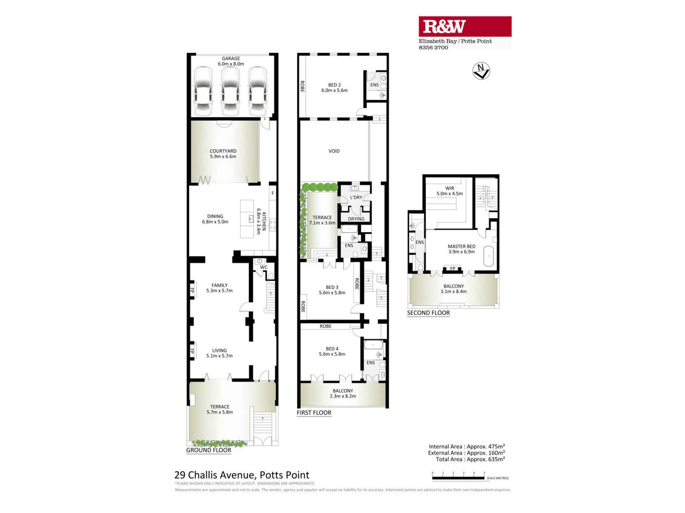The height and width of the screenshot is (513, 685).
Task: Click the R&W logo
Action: [x=444, y=26]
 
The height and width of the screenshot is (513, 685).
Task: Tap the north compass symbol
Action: [x=481, y=71]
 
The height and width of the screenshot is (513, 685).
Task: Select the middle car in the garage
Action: [x=231, y=91]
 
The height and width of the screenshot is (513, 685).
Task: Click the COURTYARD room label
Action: [x=223, y=151]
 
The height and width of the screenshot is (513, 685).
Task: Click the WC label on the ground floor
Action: [x=263, y=267]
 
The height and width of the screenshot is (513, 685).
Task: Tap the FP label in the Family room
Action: [x=192, y=291]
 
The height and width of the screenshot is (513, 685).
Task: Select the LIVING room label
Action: [x=219, y=350]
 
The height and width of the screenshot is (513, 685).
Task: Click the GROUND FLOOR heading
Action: [x=209, y=450]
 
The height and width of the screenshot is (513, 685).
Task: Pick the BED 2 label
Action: [x=334, y=85]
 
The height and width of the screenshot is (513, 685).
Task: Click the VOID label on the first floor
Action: [x=334, y=151]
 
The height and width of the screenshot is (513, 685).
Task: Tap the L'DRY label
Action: [x=356, y=197]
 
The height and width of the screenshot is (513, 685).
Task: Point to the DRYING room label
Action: [x=356, y=219]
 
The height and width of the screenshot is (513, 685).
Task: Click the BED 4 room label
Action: [x=332, y=348]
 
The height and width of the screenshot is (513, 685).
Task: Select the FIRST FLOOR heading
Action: [x=314, y=412]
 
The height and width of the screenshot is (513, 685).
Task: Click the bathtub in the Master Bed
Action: [x=488, y=256]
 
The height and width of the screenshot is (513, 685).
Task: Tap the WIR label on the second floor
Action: [x=449, y=188]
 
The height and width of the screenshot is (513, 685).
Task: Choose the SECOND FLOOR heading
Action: [x=428, y=313]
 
